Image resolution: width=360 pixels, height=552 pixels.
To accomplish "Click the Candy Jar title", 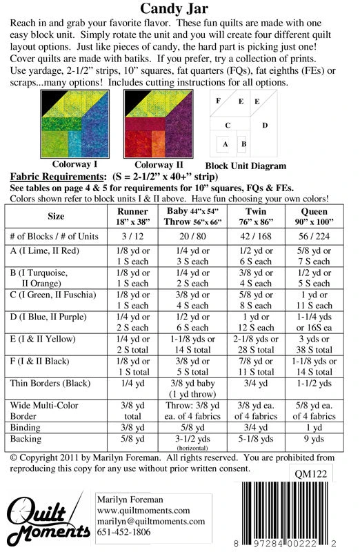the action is pos(180,9).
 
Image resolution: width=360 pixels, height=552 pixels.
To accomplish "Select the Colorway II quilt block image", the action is pos(158,125).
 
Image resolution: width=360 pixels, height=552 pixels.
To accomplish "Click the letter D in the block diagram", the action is pos(264,126).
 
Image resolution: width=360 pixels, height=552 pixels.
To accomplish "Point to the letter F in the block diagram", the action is pos(218,101).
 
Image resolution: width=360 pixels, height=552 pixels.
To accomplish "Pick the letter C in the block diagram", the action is pos(227,126).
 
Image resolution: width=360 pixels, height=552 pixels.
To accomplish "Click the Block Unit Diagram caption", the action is pos(246,166).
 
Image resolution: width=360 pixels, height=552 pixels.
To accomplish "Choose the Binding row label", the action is pos(26,428).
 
